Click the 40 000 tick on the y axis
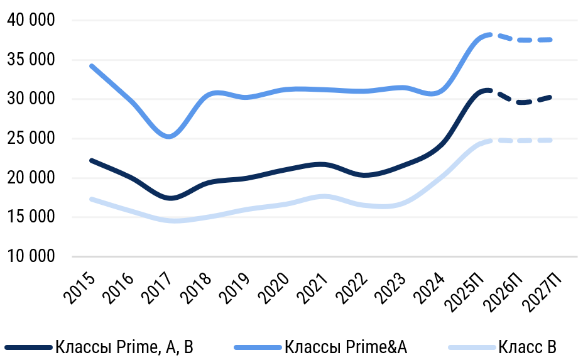(32, 21)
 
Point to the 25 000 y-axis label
(32, 139)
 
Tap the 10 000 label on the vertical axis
(32, 257)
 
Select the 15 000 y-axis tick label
(32, 218)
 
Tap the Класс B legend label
(528, 346)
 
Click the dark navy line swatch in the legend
(28, 347)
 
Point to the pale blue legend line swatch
(472, 347)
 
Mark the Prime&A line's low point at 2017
(170, 136)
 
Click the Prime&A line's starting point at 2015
(92, 65)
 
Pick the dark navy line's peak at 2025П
(485, 90)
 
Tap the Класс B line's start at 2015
(92, 199)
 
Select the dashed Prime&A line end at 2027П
(552, 40)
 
